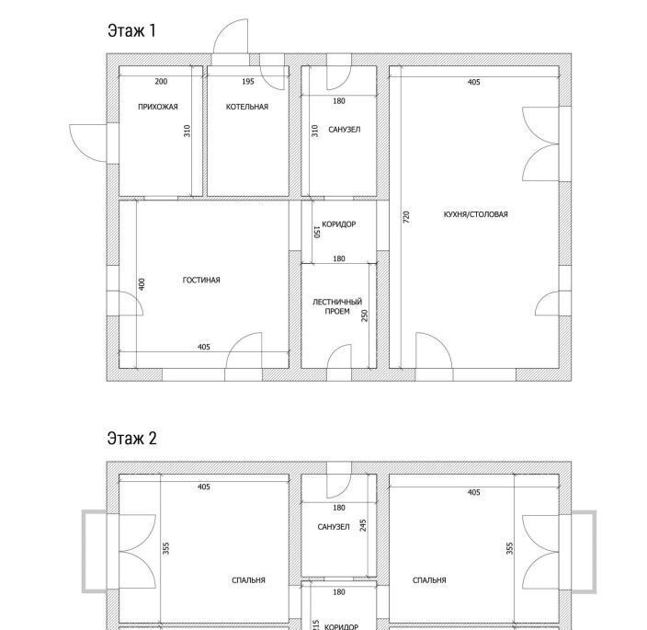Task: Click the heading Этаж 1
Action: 131,31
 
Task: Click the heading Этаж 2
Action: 132,438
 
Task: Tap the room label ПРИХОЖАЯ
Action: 158,107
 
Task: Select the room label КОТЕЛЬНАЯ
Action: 247,107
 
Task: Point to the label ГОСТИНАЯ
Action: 201,281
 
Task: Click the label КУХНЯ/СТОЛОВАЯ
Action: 476,214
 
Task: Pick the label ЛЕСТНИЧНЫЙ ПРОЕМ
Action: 337,306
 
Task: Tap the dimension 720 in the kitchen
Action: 406,217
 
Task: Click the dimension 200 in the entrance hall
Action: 161,82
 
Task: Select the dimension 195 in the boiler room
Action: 248,82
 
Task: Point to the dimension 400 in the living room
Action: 142,284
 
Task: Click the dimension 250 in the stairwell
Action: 364,315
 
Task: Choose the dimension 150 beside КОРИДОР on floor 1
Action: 317,232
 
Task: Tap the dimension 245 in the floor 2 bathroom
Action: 363,525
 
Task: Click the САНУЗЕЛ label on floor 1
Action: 344,130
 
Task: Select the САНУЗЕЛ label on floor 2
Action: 334,527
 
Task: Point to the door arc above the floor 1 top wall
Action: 225,29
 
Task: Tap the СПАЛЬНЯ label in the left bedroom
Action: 248,580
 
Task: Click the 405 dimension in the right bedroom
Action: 473,493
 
